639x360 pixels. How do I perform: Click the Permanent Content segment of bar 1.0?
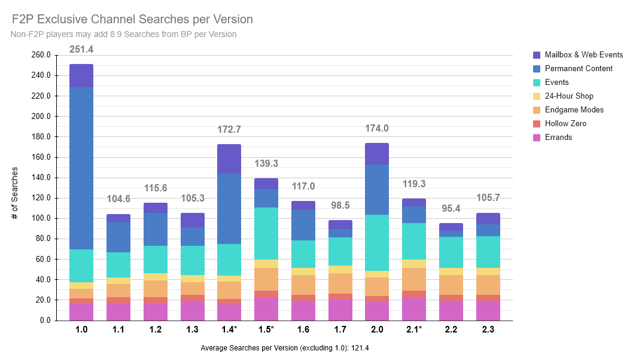tap(81, 168)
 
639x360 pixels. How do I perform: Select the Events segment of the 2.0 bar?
tap(377, 243)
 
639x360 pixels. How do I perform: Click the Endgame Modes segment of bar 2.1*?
tap(413, 279)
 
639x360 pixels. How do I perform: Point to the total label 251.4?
tap(81, 50)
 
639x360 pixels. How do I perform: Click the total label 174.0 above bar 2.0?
tap(377, 129)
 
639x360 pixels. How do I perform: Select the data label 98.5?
tap(340, 206)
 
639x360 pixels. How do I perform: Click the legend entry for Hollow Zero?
tap(565, 124)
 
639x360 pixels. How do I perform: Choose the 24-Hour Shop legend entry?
tap(569, 96)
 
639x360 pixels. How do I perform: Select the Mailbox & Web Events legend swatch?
tap(537, 55)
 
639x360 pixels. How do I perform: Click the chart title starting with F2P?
tap(132, 20)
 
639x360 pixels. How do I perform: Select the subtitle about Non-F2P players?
tap(123, 35)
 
